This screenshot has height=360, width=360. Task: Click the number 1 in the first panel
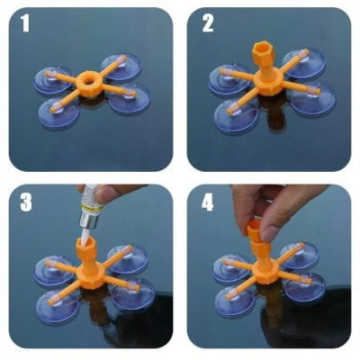point(25,23)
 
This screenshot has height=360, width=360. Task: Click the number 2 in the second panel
point(208,23)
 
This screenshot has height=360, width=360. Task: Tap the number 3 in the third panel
point(26,202)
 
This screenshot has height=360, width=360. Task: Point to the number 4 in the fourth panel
point(207,202)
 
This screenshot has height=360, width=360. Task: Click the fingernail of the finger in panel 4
point(272,232)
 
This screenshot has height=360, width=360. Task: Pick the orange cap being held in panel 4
point(256,230)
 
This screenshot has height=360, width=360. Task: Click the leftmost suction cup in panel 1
point(53,80)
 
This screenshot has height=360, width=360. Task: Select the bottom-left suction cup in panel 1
point(58,112)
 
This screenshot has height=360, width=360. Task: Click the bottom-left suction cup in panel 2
point(237,115)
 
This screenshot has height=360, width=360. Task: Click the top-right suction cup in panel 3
point(127,259)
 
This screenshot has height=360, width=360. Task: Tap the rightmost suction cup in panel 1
point(130,98)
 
